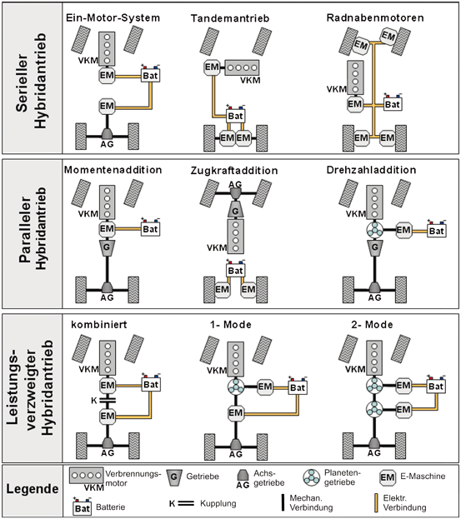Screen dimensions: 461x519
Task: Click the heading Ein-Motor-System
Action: (113, 17)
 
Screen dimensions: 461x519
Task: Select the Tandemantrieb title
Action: (230, 18)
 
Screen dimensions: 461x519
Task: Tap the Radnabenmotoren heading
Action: (375, 17)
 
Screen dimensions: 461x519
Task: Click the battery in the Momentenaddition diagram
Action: (150, 228)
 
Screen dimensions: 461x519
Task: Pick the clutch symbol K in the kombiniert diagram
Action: (108, 401)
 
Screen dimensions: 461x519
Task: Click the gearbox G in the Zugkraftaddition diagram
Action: (235, 211)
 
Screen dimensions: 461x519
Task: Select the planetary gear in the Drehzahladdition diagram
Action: (374, 229)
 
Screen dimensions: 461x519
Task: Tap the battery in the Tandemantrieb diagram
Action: (235, 115)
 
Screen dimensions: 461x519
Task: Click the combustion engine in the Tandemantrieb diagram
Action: (242, 67)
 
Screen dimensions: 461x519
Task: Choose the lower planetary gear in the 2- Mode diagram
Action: (374, 409)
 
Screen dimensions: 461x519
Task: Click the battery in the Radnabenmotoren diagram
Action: (393, 103)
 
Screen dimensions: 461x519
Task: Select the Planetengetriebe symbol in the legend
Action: (311, 477)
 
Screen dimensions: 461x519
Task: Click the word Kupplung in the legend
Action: (218, 503)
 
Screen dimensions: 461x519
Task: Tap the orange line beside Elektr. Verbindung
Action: (376, 503)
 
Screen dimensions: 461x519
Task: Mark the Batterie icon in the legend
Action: (83, 507)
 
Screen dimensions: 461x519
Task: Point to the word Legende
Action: (33, 489)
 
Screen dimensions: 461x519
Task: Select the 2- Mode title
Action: (372, 325)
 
